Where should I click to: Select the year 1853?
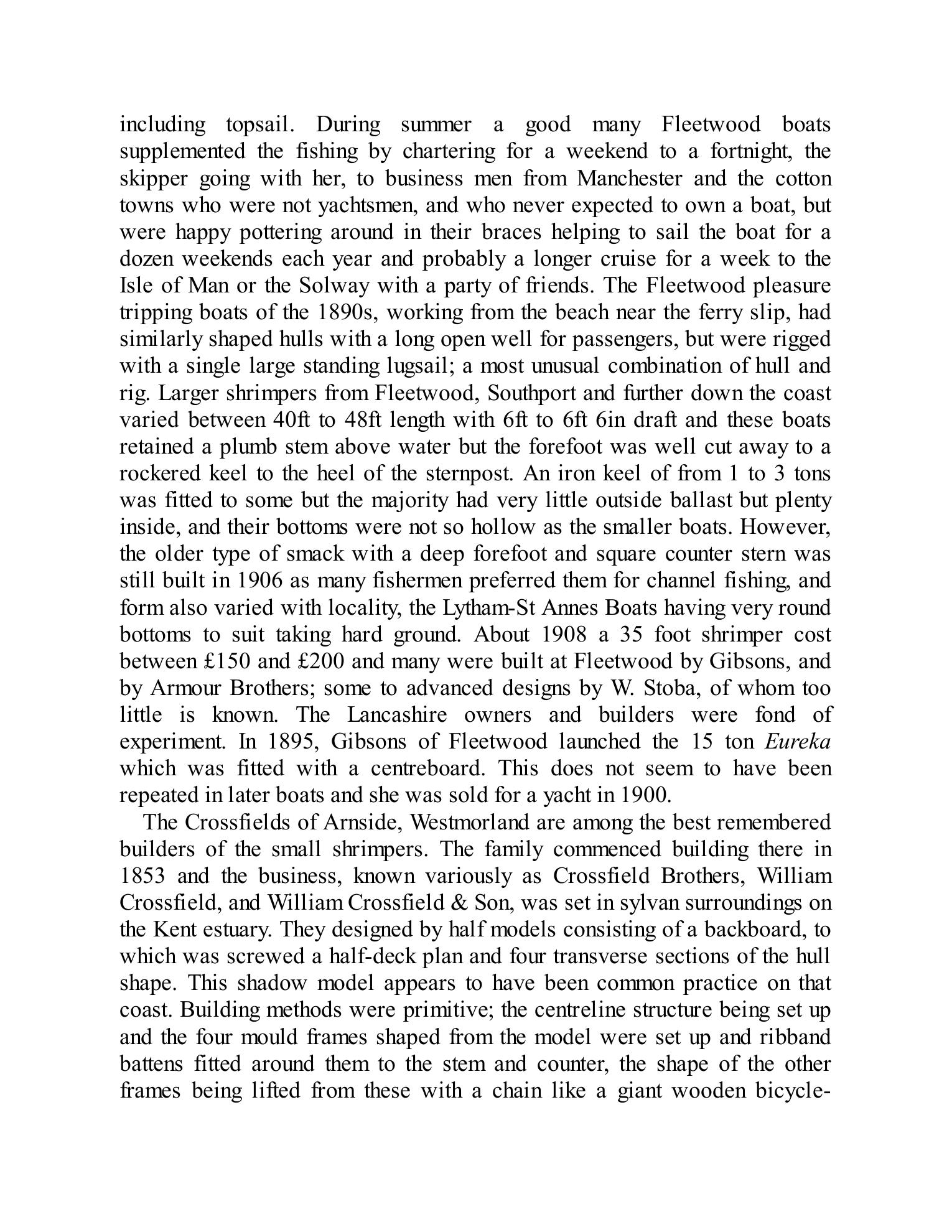click(142, 876)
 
